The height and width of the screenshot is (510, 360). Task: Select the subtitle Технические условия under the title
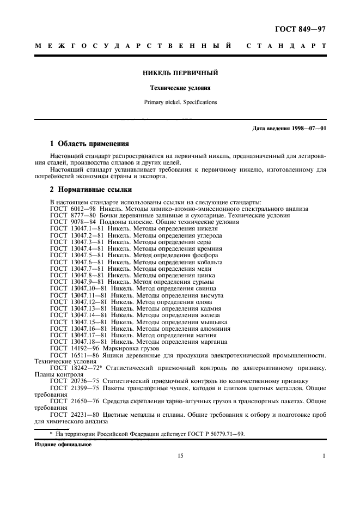point(180,88)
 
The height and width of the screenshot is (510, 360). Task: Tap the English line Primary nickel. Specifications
point(180,102)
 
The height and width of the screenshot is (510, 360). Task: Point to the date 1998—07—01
point(308,129)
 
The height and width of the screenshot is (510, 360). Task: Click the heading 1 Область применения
point(89,144)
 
